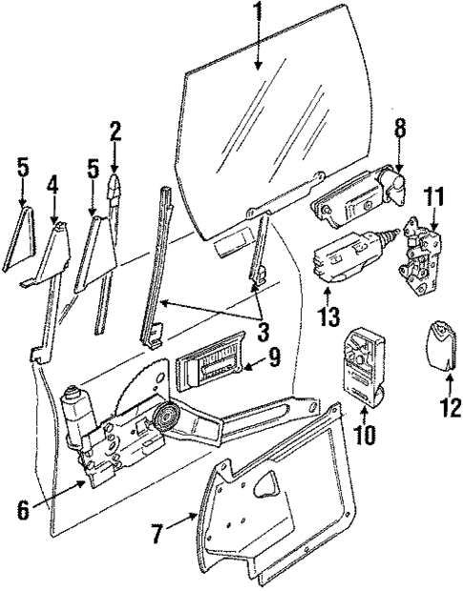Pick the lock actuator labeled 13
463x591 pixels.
click(339, 260)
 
